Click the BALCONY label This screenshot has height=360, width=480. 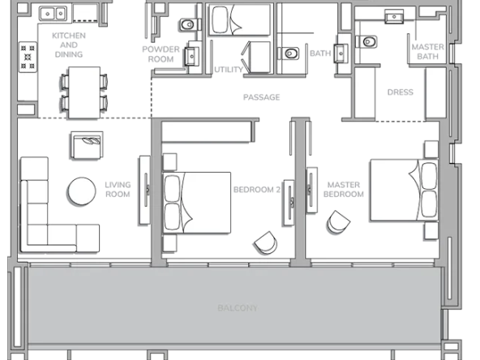tap(238, 307)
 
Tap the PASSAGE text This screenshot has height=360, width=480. tap(261, 97)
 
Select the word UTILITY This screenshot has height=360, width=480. tap(229, 70)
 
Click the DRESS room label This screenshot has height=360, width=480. tap(400, 92)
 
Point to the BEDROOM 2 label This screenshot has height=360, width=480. tap(256, 190)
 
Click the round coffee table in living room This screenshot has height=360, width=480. tap(82, 191)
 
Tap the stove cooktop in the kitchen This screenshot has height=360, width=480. tap(28, 57)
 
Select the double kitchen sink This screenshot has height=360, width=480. tap(53, 14)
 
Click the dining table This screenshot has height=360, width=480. tap(84, 92)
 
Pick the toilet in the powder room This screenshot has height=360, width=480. tap(188, 24)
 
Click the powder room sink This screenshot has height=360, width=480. tap(191, 56)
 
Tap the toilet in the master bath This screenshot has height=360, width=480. tap(367, 41)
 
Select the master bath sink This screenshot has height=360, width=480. tap(394, 16)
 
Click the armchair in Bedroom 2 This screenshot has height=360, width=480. tap(266, 242)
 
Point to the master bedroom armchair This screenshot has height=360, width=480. tap(338, 222)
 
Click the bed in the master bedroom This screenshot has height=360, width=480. tap(404, 190)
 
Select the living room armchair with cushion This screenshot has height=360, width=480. tap(87, 145)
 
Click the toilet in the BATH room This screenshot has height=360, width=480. tap(289, 54)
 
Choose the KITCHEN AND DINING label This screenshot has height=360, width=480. tap(69, 45)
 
